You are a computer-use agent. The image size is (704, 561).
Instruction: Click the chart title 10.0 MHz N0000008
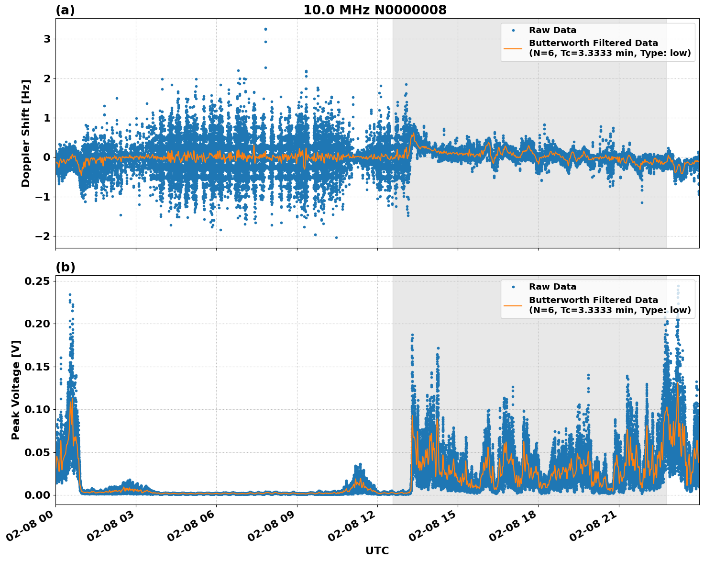coord(374,10)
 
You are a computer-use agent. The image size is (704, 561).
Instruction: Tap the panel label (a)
coord(65,10)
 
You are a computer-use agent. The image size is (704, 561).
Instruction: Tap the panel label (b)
coord(65,267)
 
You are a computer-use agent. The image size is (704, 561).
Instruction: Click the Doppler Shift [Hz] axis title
coord(26,133)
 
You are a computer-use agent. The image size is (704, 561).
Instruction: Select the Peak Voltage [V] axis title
coord(16,390)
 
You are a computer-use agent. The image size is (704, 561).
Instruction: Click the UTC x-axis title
coord(377,550)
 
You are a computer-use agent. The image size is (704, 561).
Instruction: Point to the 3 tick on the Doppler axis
coord(47,39)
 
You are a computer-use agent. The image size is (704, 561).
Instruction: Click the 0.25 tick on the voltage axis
coord(37,281)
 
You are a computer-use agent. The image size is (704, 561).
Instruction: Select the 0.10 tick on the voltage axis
coord(37,409)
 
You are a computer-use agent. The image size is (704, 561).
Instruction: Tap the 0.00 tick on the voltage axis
coord(37,495)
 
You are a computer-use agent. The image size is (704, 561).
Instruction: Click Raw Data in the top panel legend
coord(552,30)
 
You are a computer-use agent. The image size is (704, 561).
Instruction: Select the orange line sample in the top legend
coord(513,48)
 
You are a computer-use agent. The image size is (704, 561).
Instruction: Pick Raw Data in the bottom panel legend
coord(552,287)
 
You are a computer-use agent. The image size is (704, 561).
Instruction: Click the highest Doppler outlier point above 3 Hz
coord(265,29)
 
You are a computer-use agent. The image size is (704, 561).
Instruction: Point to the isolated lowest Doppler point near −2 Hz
coord(336,237)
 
